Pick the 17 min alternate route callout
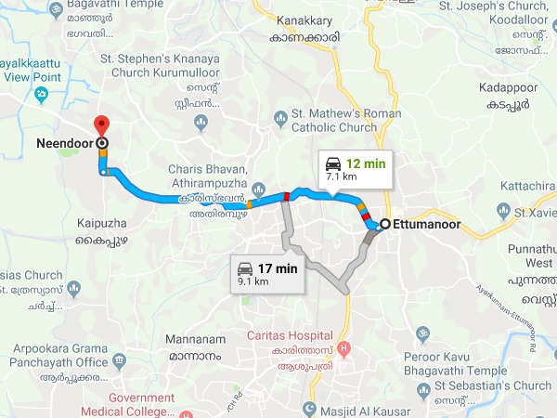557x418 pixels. point(268,272)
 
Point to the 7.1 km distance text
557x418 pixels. point(341,175)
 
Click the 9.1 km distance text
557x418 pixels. point(253,280)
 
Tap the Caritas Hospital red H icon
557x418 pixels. point(344,349)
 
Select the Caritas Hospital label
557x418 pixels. point(289,334)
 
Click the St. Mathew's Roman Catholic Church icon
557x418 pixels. point(281,117)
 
